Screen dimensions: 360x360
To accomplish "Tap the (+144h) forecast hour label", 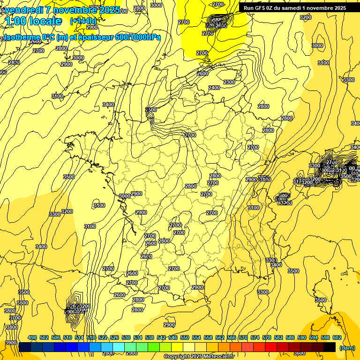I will coord(83,21).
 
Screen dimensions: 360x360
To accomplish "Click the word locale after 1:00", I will coord(45,21).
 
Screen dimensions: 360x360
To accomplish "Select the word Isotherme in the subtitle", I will coord(21,37).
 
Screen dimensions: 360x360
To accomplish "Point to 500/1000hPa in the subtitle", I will coord(141,37).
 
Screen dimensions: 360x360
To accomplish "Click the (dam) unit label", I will coord(346,348).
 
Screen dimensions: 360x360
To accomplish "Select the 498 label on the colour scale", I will coord(32,337).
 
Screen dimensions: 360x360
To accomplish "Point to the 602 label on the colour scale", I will coord(337,337).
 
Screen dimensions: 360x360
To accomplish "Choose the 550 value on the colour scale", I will coord(185,337).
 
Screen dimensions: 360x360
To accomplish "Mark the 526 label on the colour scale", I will coord(114,337).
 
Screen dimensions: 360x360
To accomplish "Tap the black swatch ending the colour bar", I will coord(330,347).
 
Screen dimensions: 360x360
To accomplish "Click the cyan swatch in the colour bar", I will coord(119,347).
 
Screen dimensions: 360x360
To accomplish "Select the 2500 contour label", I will coord(151,110).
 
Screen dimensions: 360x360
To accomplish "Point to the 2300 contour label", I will coord(229,82).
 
